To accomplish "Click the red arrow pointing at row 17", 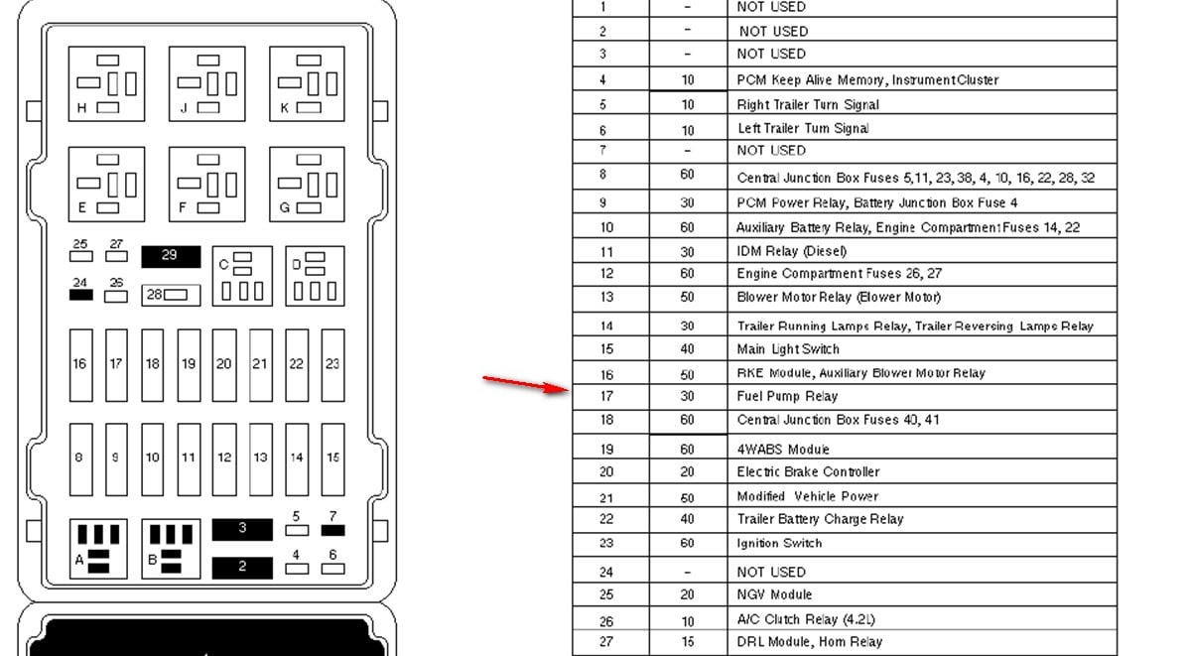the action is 525,384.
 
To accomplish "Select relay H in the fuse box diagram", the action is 106,83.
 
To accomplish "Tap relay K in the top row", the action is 307,83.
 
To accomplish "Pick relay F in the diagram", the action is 206,184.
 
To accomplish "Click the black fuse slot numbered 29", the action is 171,256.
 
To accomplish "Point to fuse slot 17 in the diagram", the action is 116,365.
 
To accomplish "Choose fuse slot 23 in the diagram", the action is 332,365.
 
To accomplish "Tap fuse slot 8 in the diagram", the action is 81,459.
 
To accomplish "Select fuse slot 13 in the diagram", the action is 261,459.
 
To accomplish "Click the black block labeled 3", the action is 242,529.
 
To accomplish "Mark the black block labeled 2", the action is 242,568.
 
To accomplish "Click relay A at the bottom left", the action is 98,549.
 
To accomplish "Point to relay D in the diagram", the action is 316,276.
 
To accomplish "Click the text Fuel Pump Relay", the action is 787,396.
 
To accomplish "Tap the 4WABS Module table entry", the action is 783,450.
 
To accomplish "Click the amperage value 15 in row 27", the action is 687,641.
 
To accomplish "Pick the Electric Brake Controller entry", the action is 809,472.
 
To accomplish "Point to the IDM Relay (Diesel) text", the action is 792,251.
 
